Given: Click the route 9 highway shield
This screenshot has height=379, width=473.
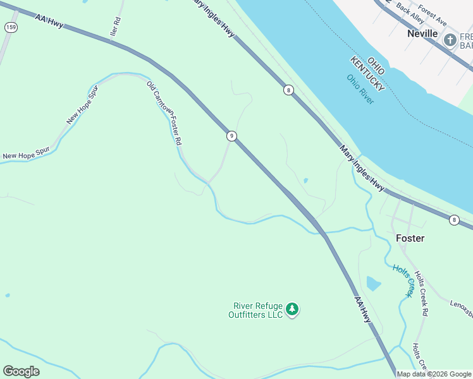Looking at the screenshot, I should click(x=232, y=136).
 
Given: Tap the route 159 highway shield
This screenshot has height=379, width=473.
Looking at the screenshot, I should click(x=10, y=27).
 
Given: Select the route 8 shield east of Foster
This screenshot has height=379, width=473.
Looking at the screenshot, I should click(x=454, y=220).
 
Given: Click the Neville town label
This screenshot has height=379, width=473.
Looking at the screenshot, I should click(x=422, y=33).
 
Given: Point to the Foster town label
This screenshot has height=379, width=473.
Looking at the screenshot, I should click(x=410, y=238).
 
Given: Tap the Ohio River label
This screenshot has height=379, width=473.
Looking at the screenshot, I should click(x=360, y=89).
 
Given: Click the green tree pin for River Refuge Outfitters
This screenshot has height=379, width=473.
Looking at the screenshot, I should click(x=292, y=309).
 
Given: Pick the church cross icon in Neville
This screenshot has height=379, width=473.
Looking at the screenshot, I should click(x=450, y=40).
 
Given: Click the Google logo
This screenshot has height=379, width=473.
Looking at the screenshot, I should click(x=21, y=371).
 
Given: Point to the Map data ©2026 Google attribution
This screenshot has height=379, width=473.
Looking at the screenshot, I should click(x=434, y=374).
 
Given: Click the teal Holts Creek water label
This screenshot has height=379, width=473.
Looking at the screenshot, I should click(x=403, y=280).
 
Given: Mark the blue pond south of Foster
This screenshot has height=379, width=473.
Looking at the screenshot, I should click(x=373, y=283).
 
